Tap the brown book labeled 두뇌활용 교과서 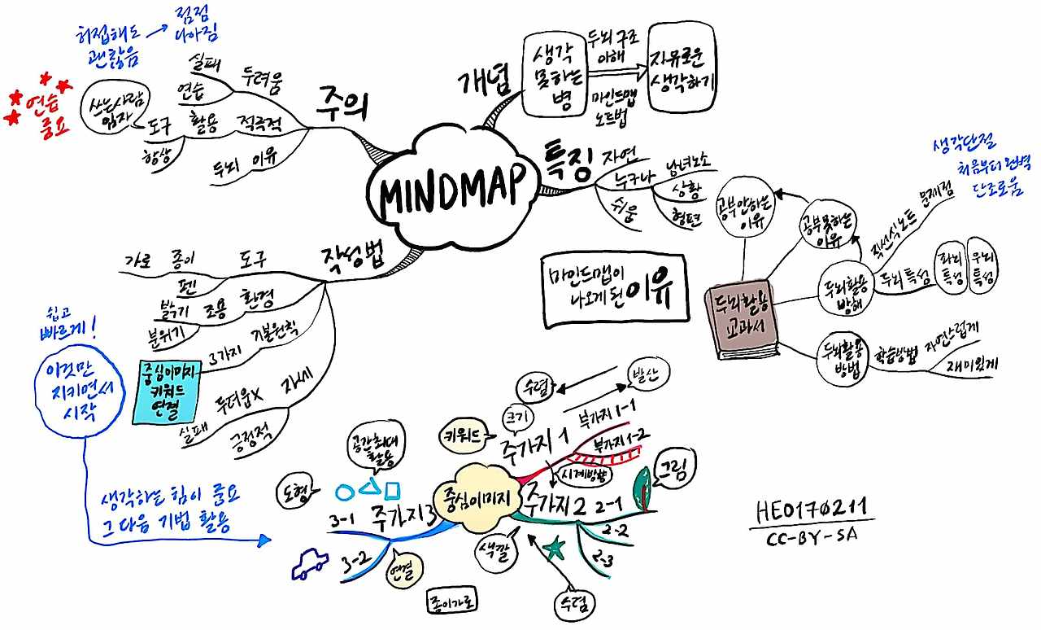coord(742,320)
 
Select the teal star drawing coord(555,549)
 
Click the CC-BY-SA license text coord(811,538)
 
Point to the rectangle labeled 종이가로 coord(452,602)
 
